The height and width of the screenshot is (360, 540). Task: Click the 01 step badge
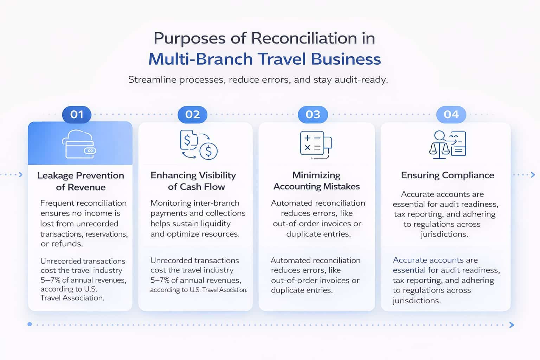[77, 114]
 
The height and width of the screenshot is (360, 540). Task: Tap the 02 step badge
[192, 114]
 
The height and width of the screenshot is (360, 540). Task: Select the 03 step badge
[313, 114]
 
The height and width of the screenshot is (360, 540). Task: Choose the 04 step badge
[451, 114]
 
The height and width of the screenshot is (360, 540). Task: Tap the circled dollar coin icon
[208, 151]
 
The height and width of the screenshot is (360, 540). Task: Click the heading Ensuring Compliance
[448, 175]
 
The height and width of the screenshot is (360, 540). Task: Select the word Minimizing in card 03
[316, 175]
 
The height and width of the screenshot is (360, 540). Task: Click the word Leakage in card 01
[55, 175]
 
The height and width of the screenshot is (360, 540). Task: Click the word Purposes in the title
[190, 38]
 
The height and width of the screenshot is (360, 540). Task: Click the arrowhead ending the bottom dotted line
[512, 325]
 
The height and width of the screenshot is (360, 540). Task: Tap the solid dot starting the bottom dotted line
[30, 324]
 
